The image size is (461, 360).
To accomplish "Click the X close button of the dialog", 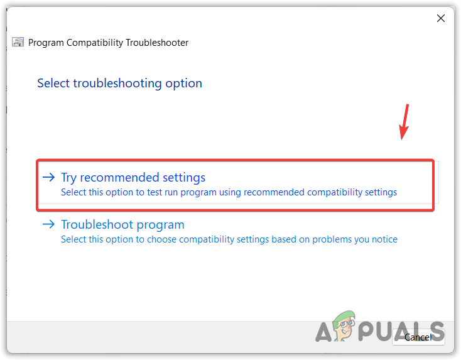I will [441, 18].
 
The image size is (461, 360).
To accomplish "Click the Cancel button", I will [418, 337].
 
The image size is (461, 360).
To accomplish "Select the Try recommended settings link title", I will [133, 178].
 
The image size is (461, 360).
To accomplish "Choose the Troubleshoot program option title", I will [122, 224].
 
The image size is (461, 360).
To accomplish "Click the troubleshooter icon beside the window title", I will [19, 43].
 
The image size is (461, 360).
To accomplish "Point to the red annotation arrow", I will [405, 123].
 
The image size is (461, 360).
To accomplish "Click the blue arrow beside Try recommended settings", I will [48, 178].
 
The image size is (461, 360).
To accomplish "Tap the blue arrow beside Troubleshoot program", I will [48, 224].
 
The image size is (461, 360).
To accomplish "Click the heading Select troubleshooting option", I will [119, 83].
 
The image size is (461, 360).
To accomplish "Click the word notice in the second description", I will [385, 239].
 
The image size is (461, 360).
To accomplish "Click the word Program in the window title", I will [46, 43].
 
